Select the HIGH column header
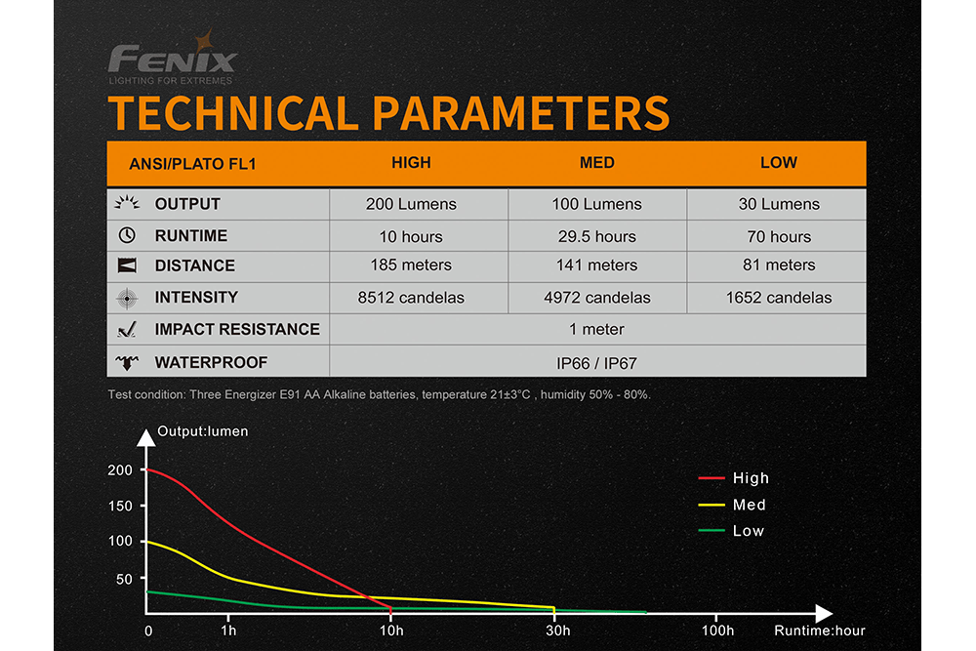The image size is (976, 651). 411,163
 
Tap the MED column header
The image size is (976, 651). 596,163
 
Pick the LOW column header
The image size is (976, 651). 778,163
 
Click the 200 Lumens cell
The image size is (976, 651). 411,204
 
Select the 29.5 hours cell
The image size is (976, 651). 596,236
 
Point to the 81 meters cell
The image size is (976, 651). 778,265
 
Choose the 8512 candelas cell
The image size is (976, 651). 411,298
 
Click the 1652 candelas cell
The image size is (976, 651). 778,298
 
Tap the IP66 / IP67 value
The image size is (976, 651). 596,363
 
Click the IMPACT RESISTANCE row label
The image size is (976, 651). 237,330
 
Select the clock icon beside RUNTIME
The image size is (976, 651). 126,235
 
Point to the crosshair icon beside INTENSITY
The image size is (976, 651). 126,298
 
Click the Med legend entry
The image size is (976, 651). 749,505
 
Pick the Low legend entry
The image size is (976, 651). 749,531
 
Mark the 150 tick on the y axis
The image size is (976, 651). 120,505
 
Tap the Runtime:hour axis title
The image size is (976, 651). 820,631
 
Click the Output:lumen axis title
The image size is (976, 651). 203,431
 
